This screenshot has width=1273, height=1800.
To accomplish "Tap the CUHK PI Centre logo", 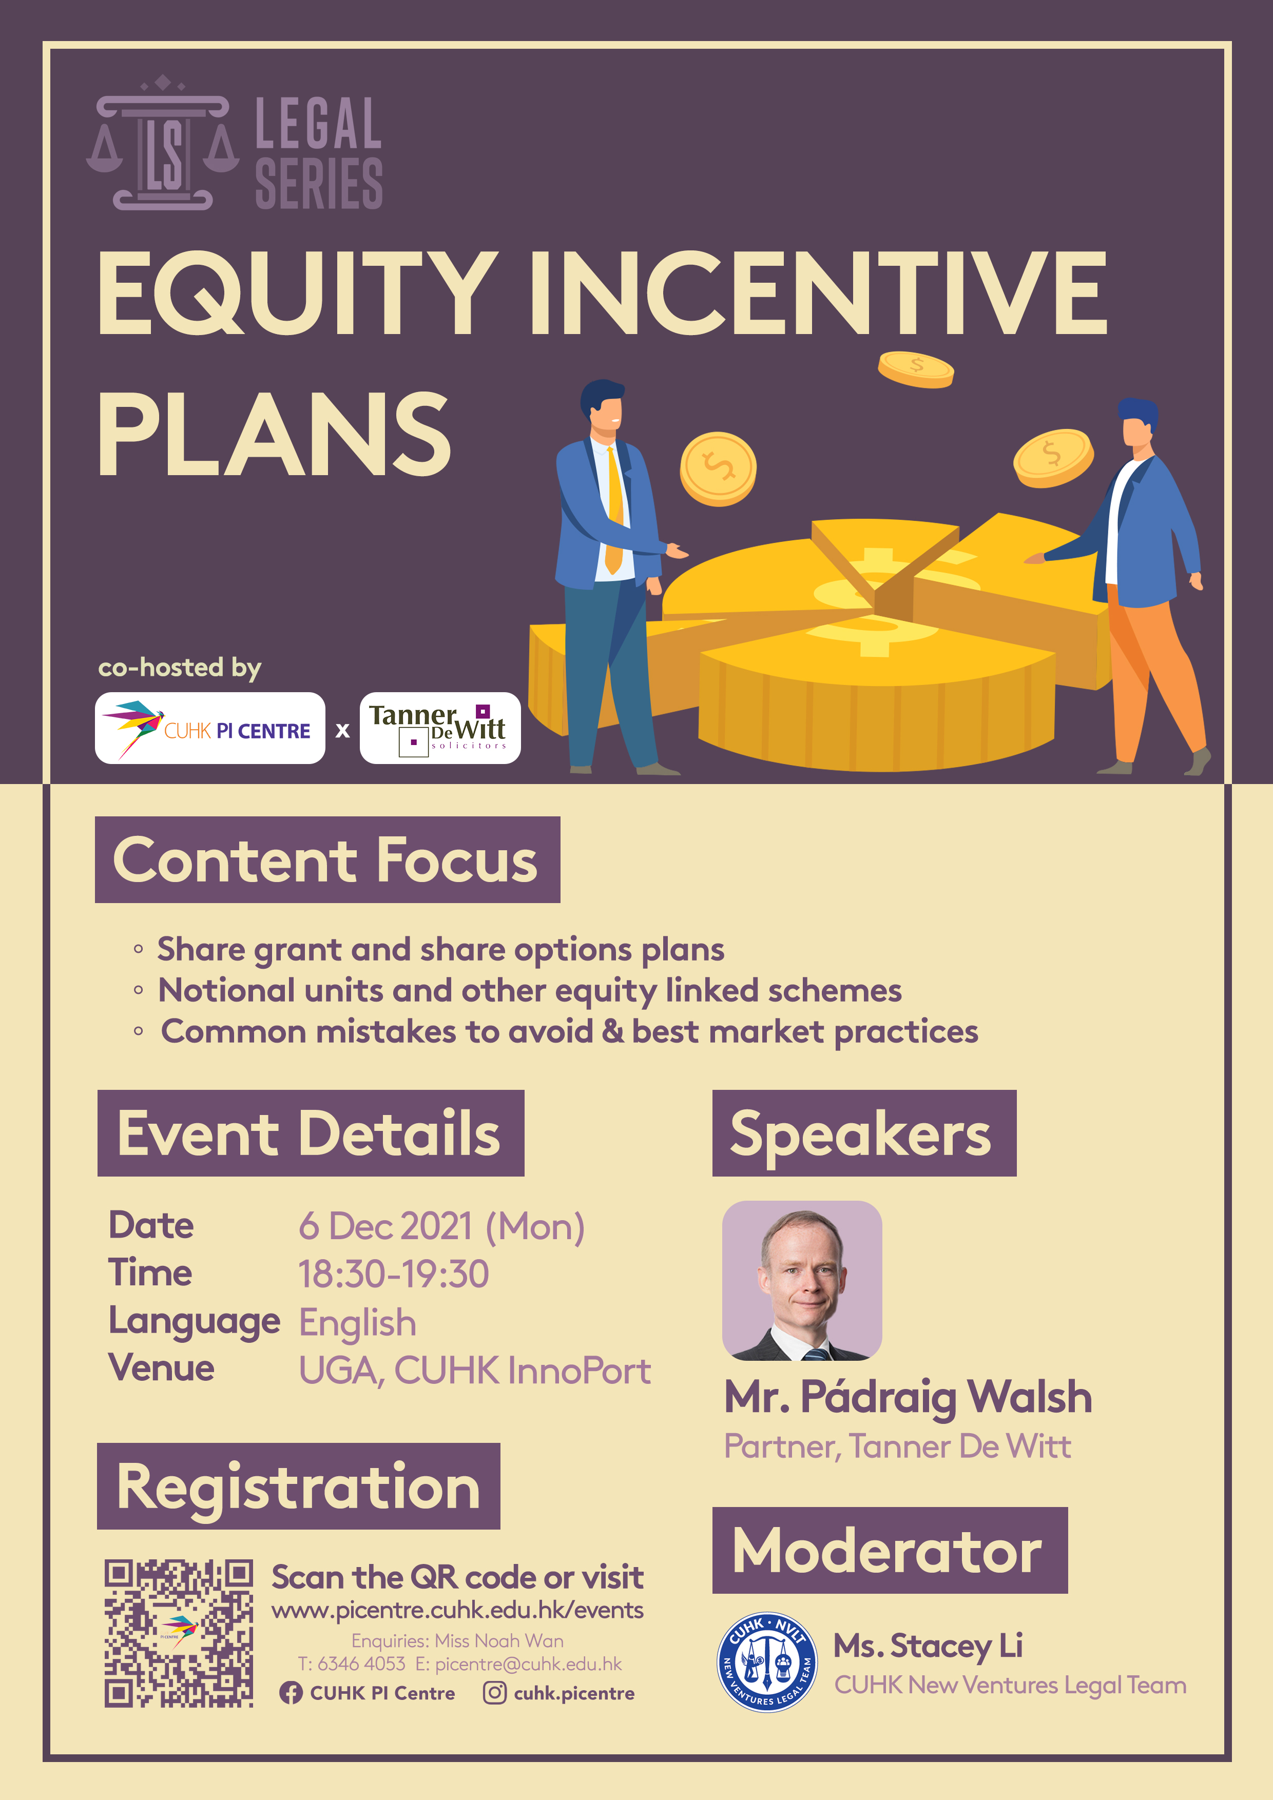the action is [x=210, y=728].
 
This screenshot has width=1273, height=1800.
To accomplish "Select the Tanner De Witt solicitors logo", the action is [x=440, y=728].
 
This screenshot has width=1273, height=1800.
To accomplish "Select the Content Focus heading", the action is [x=327, y=859].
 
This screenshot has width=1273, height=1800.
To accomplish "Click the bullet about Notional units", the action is [x=529, y=991].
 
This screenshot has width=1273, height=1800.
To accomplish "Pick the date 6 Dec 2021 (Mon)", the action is [x=441, y=1226].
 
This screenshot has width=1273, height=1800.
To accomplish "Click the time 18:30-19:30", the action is [x=394, y=1274].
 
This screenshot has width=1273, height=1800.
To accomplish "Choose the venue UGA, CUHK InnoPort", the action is [x=474, y=1371].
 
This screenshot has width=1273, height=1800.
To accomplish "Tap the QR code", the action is [x=179, y=1633].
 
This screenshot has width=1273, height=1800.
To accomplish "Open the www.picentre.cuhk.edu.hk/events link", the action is [x=457, y=1610].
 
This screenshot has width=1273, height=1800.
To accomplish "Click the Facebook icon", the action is [x=290, y=1693].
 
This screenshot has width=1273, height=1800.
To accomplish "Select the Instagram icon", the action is [x=494, y=1693].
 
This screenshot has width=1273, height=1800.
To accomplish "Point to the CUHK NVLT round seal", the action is [x=767, y=1662].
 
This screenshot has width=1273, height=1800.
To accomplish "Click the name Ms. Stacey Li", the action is [x=928, y=1646].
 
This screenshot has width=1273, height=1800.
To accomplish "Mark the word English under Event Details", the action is [x=358, y=1323].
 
